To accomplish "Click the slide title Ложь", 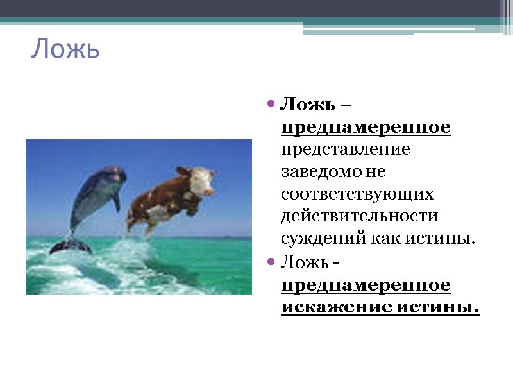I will pos(65,49).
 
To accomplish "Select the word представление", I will pos(346,150).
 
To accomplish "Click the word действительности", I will pos(358,216).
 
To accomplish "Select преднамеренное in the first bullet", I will pos(366,127).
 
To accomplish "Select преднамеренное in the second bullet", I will pos(366,284).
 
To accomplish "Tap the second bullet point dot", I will pos(271,262).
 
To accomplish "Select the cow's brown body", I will pos(154,202).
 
